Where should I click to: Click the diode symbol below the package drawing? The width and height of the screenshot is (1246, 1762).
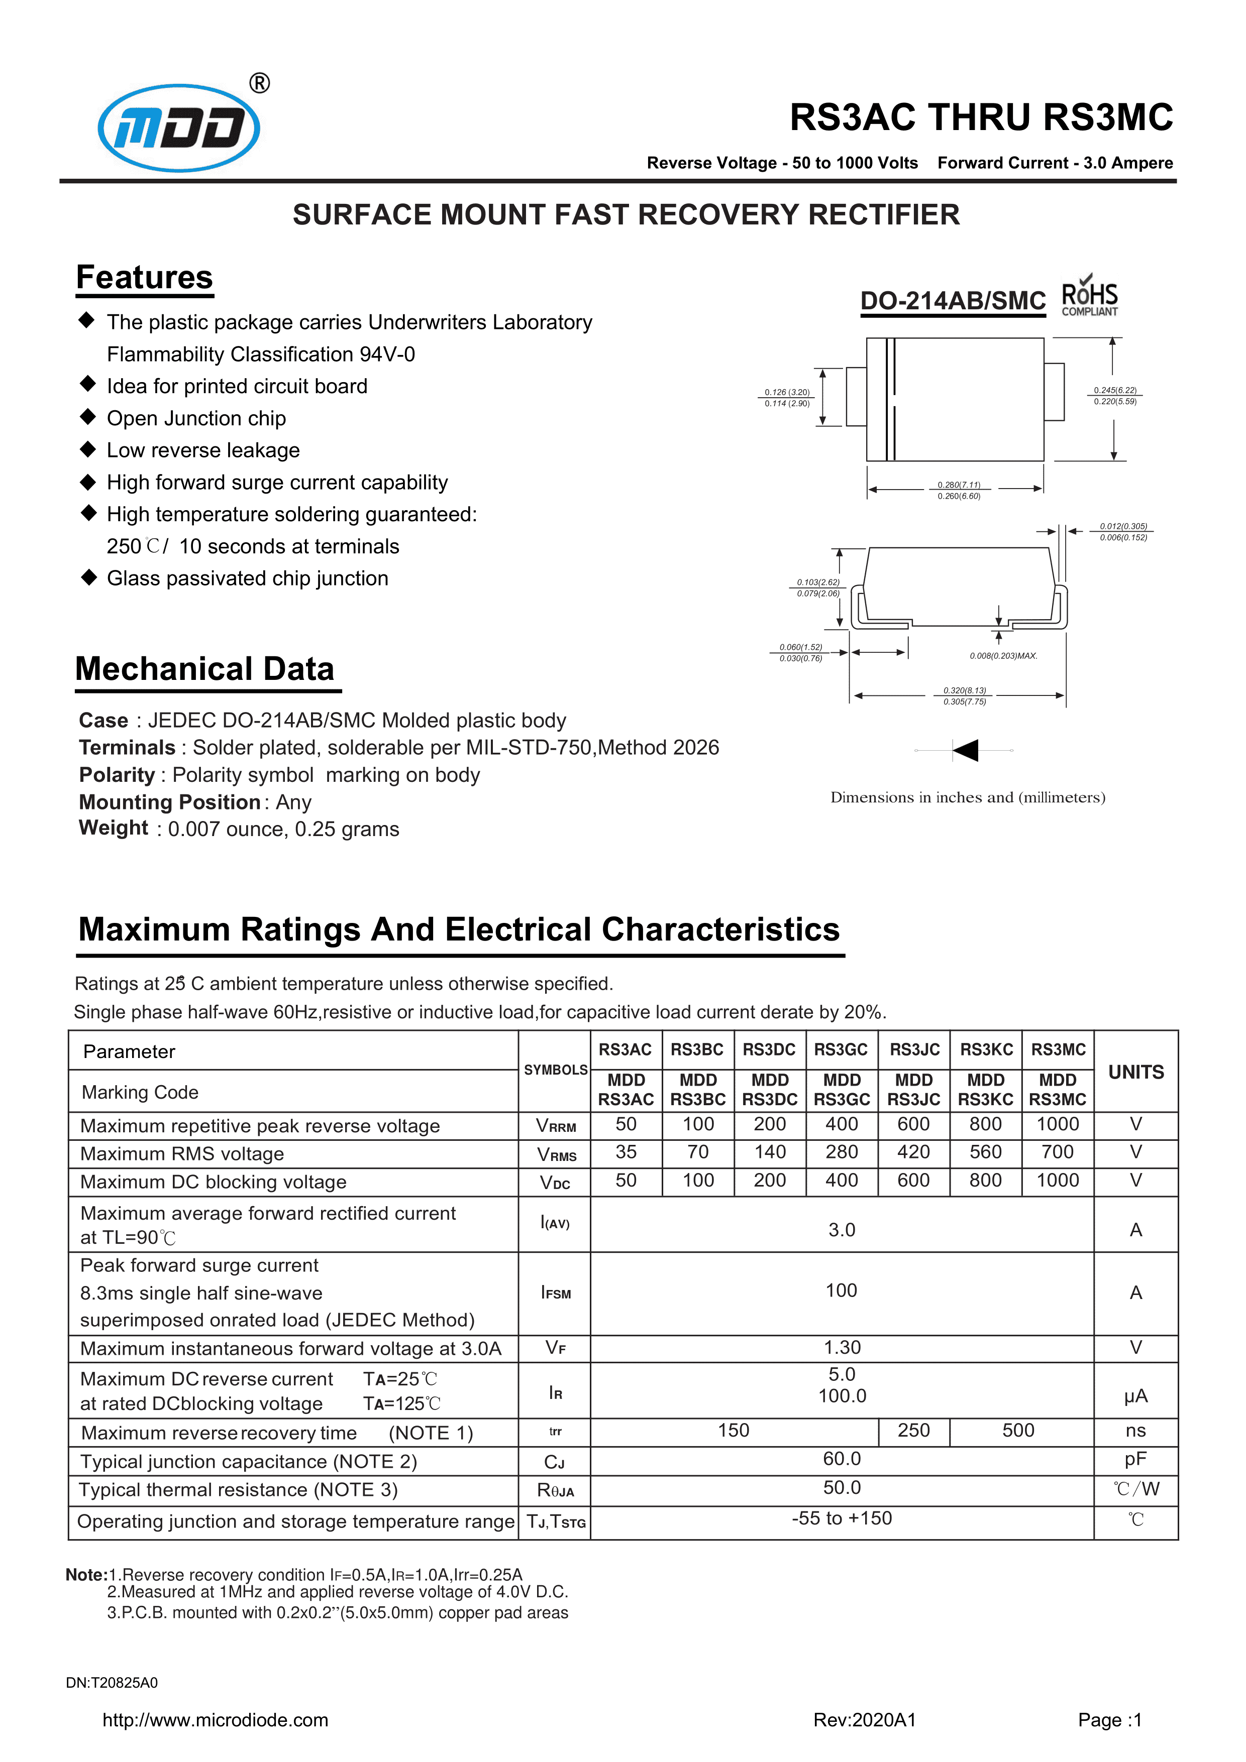964,750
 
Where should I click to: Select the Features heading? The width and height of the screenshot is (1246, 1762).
144,278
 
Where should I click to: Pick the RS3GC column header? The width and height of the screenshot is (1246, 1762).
842,1050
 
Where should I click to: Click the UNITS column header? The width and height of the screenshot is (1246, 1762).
1135,1072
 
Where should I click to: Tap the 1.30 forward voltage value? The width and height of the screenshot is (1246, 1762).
842,1348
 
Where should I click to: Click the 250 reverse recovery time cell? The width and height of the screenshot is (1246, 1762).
913,1431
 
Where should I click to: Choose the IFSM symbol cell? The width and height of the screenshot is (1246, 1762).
556,1293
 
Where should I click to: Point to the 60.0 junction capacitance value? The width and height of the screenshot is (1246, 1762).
842,1459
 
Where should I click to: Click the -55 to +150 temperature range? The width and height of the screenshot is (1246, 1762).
842,1519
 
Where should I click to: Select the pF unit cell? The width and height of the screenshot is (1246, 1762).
1135,1460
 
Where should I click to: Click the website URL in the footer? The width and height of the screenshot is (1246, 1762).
216,1720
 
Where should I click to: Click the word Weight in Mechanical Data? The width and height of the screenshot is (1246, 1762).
114,828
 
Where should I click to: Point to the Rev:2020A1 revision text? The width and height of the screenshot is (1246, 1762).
865,1720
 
